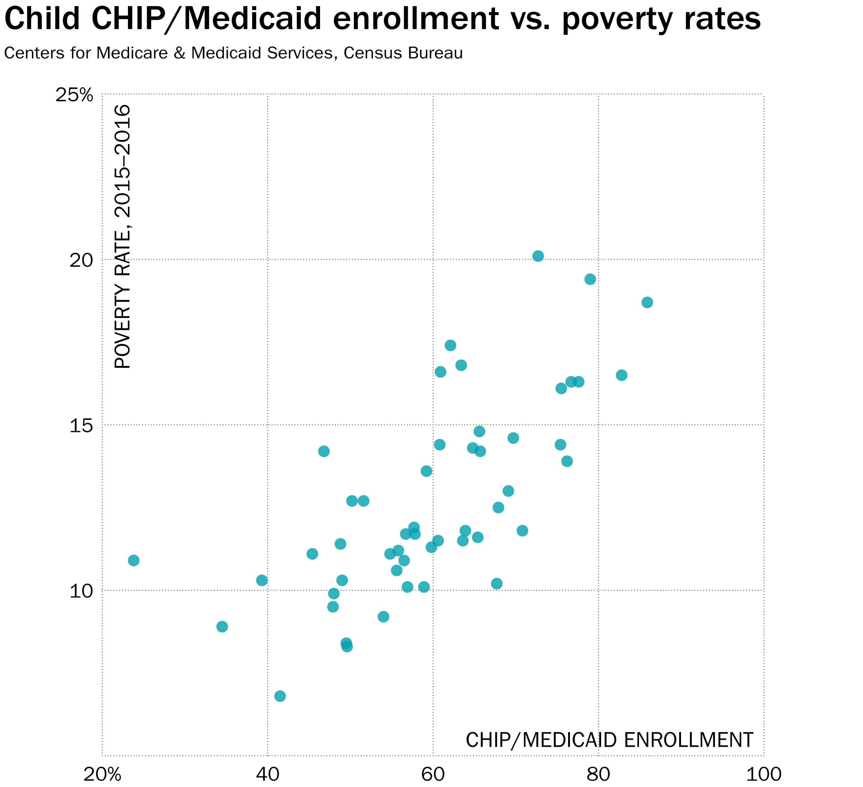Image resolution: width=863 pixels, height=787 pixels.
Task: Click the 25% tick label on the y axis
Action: pyautogui.click(x=74, y=95)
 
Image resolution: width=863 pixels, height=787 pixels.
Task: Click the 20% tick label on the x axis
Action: pyautogui.click(x=102, y=774)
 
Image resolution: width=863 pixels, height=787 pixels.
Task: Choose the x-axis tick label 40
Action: pyautogui.click(x=268, y=774)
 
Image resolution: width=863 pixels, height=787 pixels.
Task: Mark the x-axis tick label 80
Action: pyautogui.click(x=598, y=774)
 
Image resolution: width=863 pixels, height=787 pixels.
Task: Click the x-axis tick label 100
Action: pyautogui.click(x=764, y=774)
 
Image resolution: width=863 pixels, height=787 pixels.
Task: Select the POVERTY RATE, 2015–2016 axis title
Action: pyautogui.click(x=122, y=236)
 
